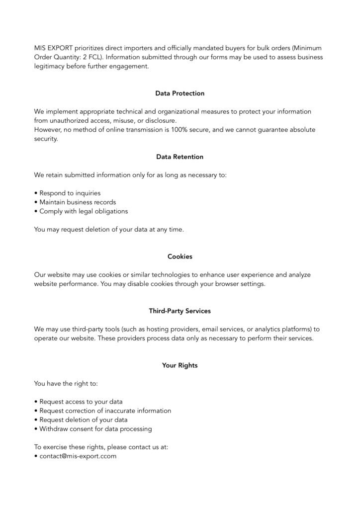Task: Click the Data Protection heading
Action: (180, 93)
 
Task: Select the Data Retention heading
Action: (180, 157)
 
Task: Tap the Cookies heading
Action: (180, 256)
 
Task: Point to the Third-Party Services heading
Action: (180, 311)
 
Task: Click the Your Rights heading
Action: (180, 365)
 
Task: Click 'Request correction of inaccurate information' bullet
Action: (105, 411)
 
